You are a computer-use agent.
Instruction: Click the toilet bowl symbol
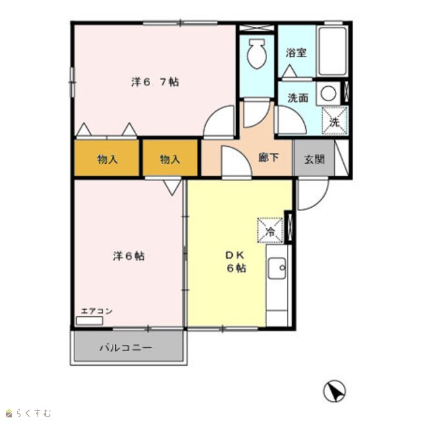(257, 54)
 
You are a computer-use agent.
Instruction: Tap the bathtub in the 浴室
(332, 51)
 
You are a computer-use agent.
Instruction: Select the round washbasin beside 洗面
(328, 93)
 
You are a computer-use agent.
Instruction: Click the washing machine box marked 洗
(335, 120)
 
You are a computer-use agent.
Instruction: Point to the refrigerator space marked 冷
(270, 230)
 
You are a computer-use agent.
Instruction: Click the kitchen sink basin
(277, 268)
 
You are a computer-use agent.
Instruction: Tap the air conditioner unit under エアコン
(89, 320)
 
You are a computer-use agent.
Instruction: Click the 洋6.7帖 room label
(155, 82)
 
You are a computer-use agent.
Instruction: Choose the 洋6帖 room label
(129, 256)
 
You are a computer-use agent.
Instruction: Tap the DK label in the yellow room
(235, 255)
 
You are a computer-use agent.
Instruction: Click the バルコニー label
(126, 348)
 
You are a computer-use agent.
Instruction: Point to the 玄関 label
(314, 159)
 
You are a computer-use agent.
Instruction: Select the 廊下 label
(268, 157)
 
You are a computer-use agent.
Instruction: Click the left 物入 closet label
(107, 159)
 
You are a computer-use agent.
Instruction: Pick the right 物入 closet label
(170, 159)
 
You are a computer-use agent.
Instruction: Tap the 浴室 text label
(296, 53)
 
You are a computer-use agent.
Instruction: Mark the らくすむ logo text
(34, 412)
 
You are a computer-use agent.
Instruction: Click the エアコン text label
(97, 311)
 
